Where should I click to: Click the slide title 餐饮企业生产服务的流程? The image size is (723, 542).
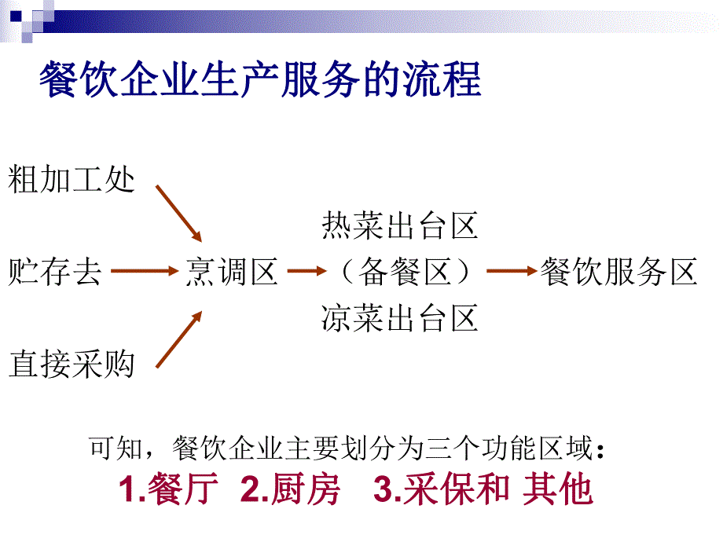point(260,81)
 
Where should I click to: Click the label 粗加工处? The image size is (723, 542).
point(72,180)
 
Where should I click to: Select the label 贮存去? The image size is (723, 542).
point(55,273)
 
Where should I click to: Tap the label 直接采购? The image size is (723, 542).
point(72,364)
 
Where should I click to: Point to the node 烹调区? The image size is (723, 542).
point(232,273)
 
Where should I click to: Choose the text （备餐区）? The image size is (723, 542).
point(400,273)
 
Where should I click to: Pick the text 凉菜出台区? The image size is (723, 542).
point(400,318)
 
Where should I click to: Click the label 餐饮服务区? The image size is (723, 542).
point(619,273)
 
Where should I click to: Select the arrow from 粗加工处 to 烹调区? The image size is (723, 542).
point(179,212)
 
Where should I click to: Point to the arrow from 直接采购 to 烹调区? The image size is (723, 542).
point(179,339)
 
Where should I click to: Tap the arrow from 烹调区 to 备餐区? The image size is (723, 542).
point(306,272)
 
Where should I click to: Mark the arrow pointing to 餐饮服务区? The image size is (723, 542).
point(512,272)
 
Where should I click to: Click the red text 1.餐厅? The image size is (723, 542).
point(169,489)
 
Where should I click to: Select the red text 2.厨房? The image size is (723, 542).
point(291,489)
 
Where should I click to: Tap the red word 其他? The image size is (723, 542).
point(557,489)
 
